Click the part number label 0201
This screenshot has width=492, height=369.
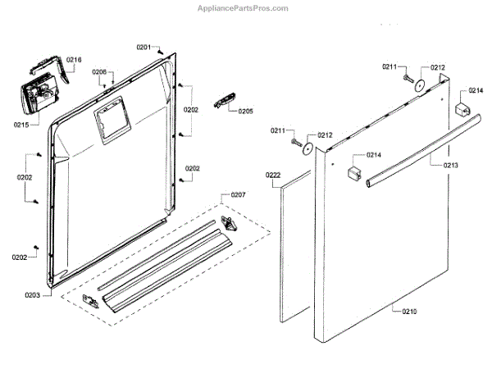coord(143,48)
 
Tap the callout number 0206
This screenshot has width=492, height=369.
coord(99,72)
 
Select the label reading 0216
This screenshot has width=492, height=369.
coord(75,60)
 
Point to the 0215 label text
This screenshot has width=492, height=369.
coord(20,125)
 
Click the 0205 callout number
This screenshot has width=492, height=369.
coord(245,111)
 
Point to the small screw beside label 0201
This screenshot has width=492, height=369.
coord(161,50)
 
